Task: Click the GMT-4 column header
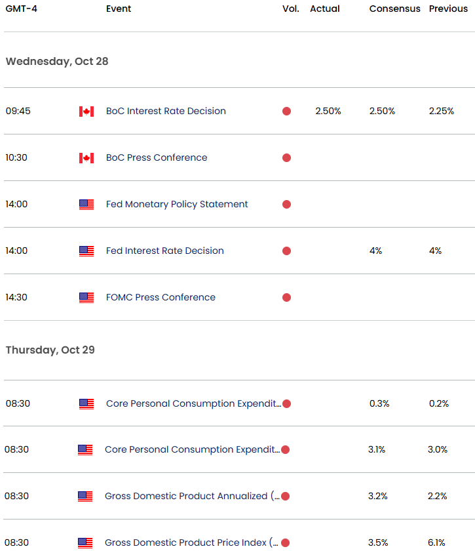pyautogui.click(x=22, y=9)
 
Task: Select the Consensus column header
pyautogui.click(x=394, y=9)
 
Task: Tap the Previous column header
pyautogui.click(x=448, y=9)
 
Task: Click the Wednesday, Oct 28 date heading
pyautogui.click(x=57, y=62)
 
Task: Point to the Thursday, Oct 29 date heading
pyautogui.click(x=50, y=350)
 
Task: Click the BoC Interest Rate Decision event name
pyautogui.click(x=166, y=111)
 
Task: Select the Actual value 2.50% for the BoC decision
pyautogui.click(x=328, y=111)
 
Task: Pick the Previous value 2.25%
pyautogui.click(x=442, y=111)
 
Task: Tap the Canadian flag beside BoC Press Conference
pyautogui.click(x=86, y=158)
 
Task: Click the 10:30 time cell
pyautogui.click(x=16, y=157)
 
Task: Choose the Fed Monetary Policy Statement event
pyautogui.click(x=177, y=204)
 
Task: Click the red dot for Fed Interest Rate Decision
pyautogui.click(x=286, y=251)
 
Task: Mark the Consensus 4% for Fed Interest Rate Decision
pyautogui.click(x=375, y=251)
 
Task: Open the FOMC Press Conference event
pyautogui.click(x=161, y=297)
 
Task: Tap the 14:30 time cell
pyautogui.click(x=16, y=297)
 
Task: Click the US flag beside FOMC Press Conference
pyautogui.click(x=86, y=298)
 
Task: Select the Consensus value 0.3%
pyautogui.click(x=379, y=403)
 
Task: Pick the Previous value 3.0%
pyautogui.click(x=438, y=449)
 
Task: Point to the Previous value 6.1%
pyautogui.click(x=436, y=542)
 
